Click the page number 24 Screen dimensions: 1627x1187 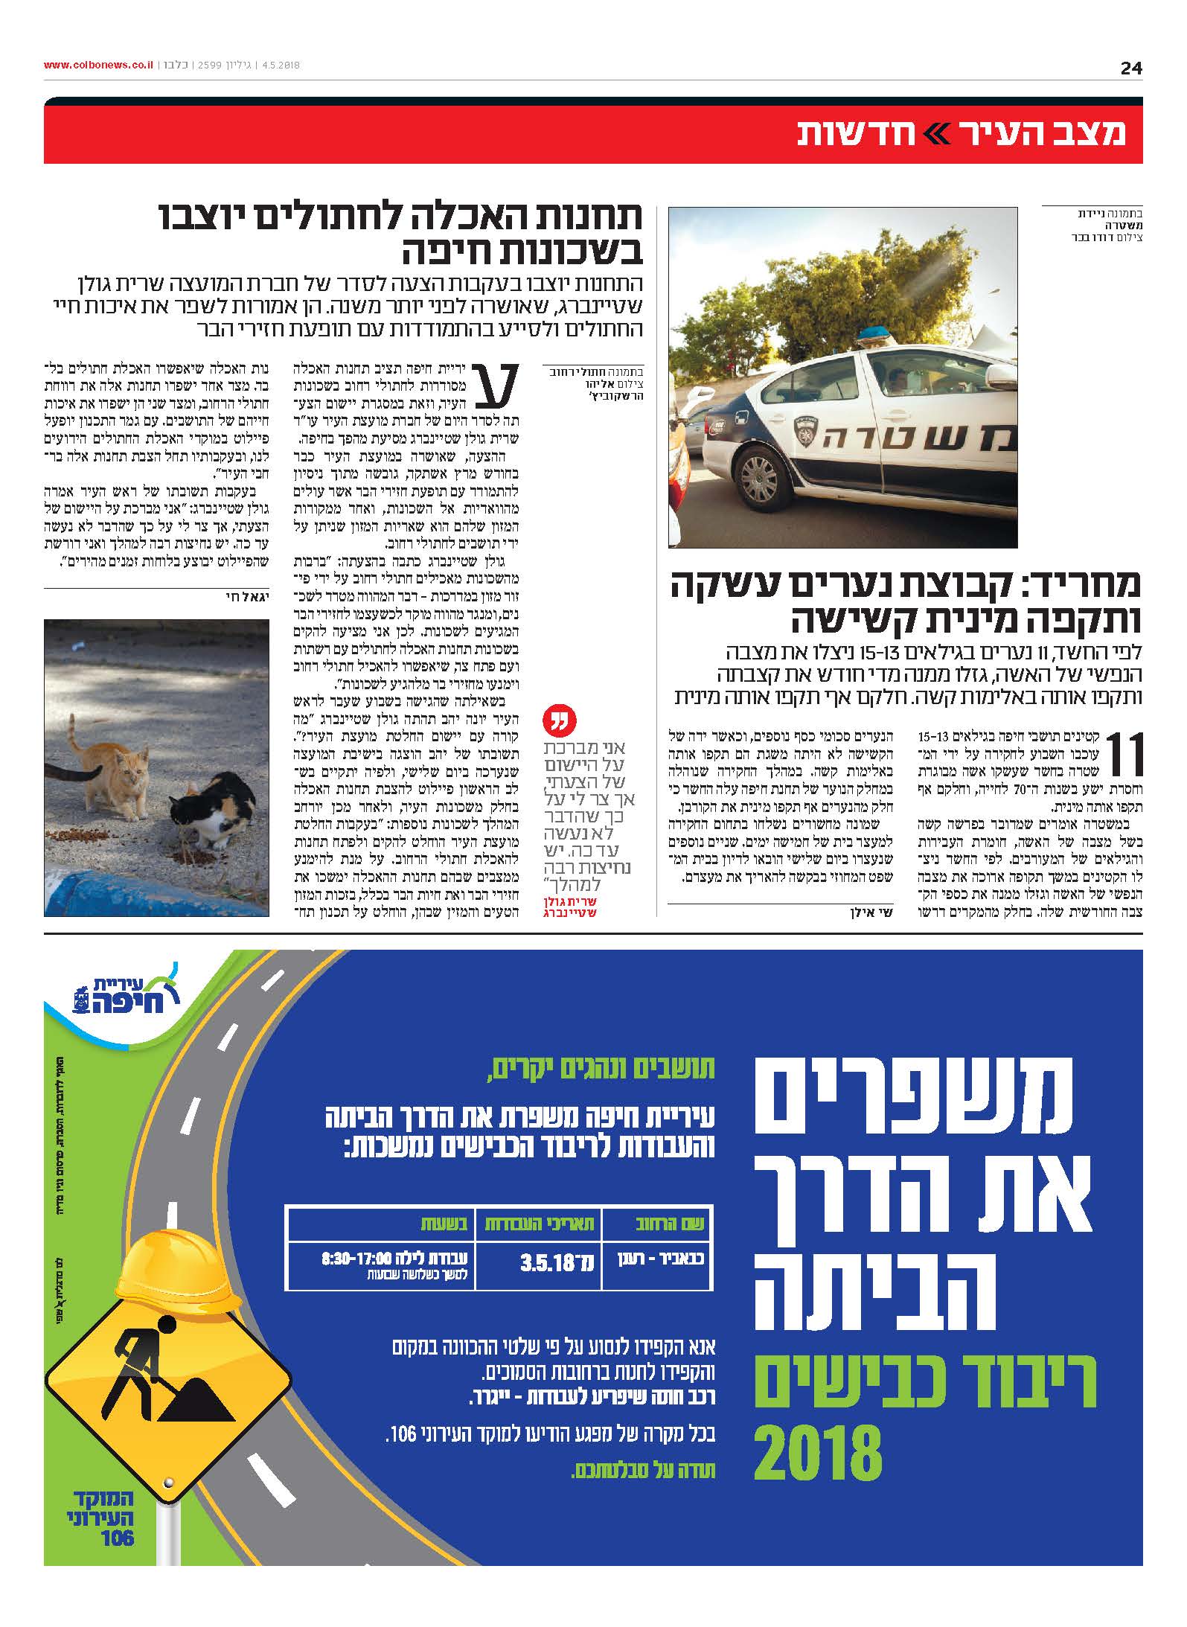click(x=1130, y=68)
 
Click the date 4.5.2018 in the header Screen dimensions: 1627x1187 click(x=280, y=65)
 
